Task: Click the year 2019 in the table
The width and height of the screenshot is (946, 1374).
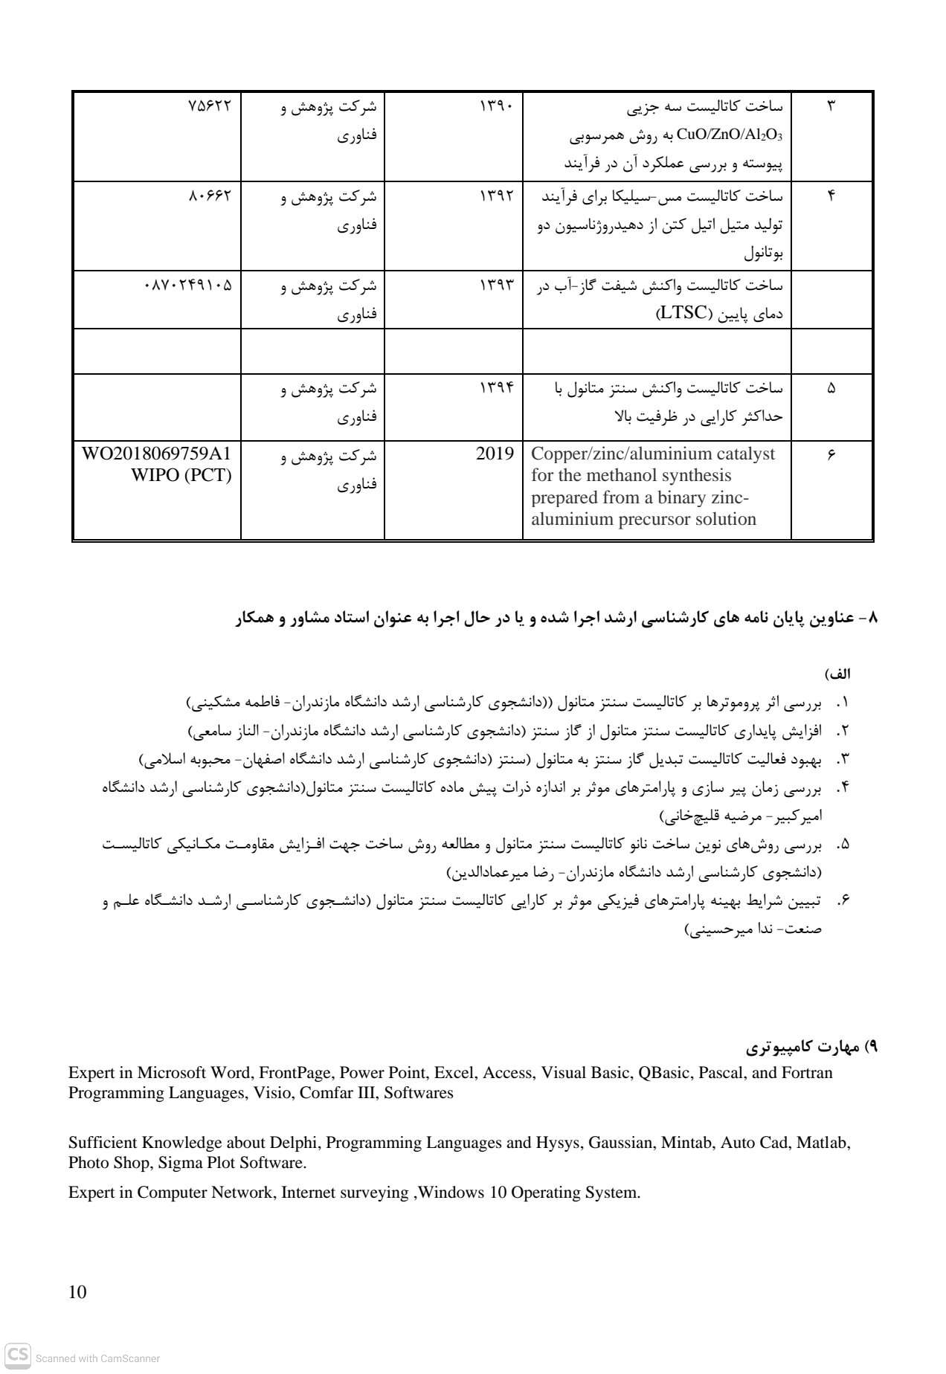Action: coord(495,454)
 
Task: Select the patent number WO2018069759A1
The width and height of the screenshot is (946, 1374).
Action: coord(157,454)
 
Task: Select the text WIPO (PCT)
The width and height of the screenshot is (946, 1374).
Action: coord(181,475)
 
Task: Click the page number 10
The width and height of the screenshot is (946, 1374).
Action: coord(77,1292)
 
